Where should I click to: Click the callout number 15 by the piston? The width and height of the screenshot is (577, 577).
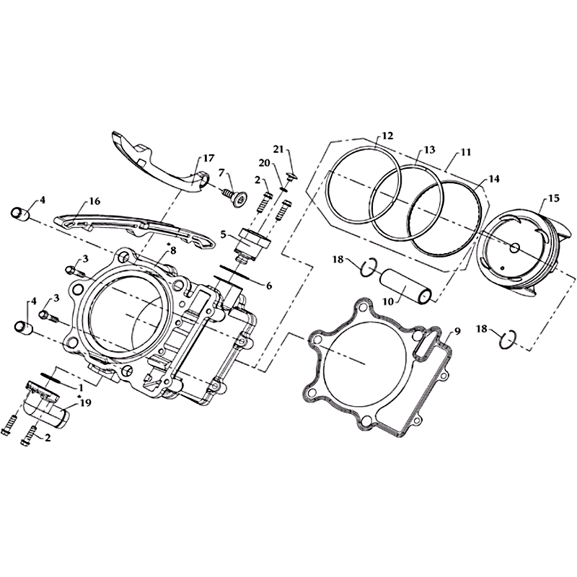pos(553,198)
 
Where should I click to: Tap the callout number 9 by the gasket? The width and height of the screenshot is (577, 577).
pos(457,331)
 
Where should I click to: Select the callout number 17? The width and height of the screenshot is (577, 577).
pos(208,158)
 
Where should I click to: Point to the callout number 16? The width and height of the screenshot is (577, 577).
pos(94,201)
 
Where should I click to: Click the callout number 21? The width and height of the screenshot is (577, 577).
pos(278,149)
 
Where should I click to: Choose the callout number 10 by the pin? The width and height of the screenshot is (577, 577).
pos(388,301)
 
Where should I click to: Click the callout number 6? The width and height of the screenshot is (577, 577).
pos(268,285)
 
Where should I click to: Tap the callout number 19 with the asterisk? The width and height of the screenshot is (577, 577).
pos(84,403)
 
